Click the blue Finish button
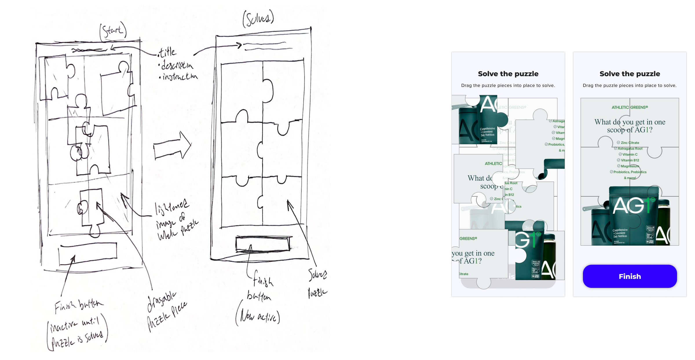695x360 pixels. pos(630,276)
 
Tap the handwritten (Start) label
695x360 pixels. pos(113,31)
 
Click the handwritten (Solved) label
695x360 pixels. pos(258,19)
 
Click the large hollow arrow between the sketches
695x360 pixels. pos(173,146)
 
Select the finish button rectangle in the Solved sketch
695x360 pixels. pos(263,244)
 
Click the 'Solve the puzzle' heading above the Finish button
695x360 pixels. pos(630,74)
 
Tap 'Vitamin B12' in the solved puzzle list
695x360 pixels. pos(630,160)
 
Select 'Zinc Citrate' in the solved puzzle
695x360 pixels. pos(630,143)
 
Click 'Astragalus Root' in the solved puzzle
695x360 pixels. pos(630,149)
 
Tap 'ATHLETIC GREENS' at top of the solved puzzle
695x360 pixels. pos(630,107)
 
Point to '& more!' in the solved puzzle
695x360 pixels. pos(630,178)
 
